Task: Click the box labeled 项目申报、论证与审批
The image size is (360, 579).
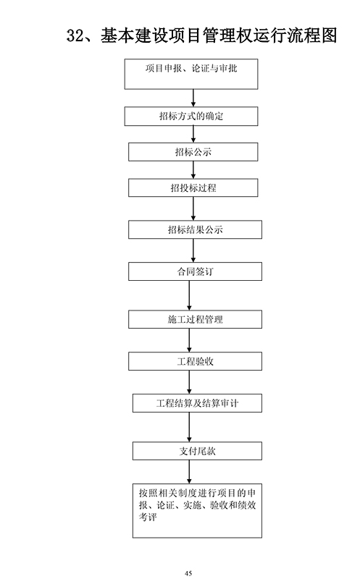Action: (x=191, y=74)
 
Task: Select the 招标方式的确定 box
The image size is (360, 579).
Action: (x=191, y=117)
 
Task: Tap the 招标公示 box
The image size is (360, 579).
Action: (x=193, y=152)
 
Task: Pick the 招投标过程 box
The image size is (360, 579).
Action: (x=193, y=187)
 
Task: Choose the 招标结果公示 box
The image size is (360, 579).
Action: (x=195, y=229)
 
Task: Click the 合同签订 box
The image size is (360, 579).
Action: (x=195, y=271)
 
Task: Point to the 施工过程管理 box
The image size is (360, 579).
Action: (x=195, y=319)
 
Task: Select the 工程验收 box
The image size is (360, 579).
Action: (x=195, y=361)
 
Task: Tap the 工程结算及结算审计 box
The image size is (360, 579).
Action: (x=197, y=403)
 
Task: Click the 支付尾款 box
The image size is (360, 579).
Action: (x=197, y=451)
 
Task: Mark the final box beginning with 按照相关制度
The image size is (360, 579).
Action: (x=197, y=511)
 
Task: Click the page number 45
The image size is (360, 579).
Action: (x=188, y=573)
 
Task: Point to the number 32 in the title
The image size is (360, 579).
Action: (x=76, y=35)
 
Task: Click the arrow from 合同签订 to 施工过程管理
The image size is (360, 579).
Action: (x=189, y=295)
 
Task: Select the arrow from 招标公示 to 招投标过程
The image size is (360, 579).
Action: (x=193, y=170)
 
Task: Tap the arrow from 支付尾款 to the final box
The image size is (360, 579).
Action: (x=189, y=472)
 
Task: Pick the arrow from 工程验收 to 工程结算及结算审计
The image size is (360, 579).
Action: (x=189, y=382)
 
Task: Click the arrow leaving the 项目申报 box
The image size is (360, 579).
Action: (x=193, y=98)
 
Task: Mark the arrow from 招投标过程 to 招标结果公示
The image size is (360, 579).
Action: (x=193, y=208)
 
